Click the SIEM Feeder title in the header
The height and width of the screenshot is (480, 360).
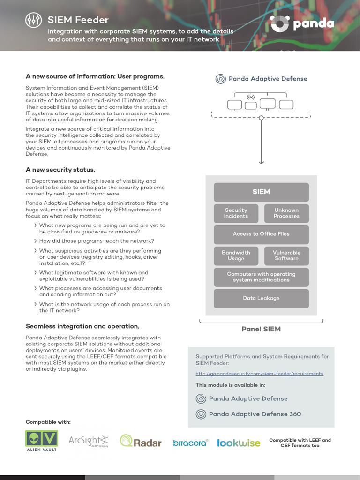pyautogui.click(x=78, y=20)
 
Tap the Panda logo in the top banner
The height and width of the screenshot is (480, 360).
pyautogui.click(x=302, y=23)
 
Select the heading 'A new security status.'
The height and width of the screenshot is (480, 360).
pyautogui.click(x=60, y=170)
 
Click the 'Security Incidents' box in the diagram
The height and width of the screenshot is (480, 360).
pyautogui.click(x=236, y=213)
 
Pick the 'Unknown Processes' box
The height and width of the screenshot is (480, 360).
pyautogui.click(x=286, y=213)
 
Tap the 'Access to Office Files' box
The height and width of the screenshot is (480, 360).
pyautogui.click(x=261, y=234)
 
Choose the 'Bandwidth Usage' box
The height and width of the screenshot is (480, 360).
pyautogui.click(x=236, y=255)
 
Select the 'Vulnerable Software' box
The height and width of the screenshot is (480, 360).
pyautogui.click(x=286, y=255)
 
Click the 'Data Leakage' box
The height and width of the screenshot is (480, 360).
pyautogui.click(x=261, y=298)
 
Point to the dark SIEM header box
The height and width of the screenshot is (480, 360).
pyautogui.click(x=261, y=192)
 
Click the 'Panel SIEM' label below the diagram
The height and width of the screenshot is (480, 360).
pyautogui.click(x=261, y=329)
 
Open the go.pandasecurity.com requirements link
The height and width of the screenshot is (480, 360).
pyautogui.click(x=259, y=374)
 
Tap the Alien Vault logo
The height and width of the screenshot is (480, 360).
pyautogui.click(x=41, y=441)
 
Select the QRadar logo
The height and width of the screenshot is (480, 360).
pyautogui.click(x=141, y=441)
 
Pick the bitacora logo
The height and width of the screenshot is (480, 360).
pyautogui.click(x=190, y=442)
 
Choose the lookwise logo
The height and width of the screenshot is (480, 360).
pyautogui.click(x=239, y=442)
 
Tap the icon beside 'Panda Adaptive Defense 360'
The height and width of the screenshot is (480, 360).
pyautogui.click(x=201, y=414)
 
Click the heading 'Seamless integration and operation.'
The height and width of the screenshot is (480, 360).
pyautogui.click(x=82, y=326)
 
